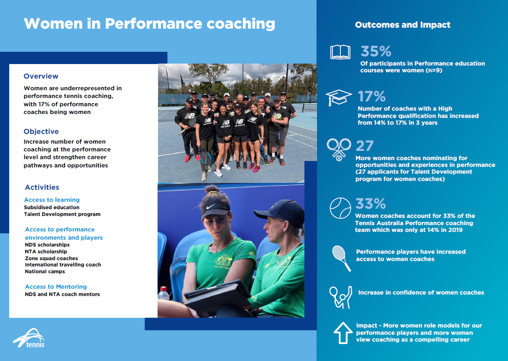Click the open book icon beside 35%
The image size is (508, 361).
click(x=340, y=52)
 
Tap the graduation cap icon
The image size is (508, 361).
click(x=338, y=97)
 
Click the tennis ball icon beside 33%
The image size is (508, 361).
click(x=340, y=208)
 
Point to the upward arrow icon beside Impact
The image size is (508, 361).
click(x=343, y=333)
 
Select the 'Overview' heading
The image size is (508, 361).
click(x=41, y=76)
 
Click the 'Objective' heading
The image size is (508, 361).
click(x=41, y=131)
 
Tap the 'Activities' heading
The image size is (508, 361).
click(x=42, y=187)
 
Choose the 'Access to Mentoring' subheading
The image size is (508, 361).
click(x=56, y=287)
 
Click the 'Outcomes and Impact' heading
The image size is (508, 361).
click(x=402, y=25)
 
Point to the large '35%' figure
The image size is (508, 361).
click(x=376, y=51)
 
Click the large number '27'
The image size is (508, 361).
click(x=365, y=146)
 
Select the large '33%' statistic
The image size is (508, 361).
click(x=370, y=203)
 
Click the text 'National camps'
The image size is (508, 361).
click(x=45, y=272)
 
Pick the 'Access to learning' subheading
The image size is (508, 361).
click(x=52, y=200)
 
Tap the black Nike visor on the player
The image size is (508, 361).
click(x=215, y=208)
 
